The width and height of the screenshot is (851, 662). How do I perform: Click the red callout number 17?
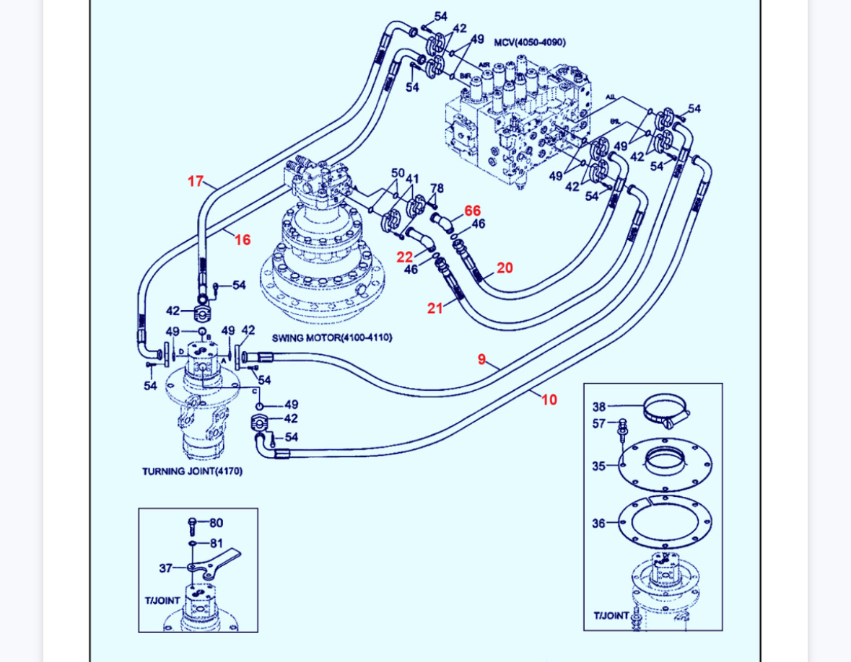tap(196, 181)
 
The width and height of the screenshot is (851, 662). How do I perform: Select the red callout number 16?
tap(243, 239)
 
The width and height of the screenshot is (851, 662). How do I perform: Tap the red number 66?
tap(472, 211)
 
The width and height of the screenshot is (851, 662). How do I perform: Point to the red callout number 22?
tap(405, 257)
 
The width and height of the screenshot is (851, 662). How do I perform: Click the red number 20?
tap(505, 268)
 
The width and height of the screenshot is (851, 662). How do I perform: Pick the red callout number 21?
tap(435, 308)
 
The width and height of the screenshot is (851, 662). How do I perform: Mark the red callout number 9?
tap(481, 358)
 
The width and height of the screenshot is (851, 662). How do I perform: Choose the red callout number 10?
tap(549, 400)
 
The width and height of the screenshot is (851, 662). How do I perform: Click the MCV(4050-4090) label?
tap(530, 43)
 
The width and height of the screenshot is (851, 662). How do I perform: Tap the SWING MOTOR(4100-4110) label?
tap(332, 337)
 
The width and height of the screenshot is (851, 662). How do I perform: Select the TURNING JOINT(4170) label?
tap(192, 472)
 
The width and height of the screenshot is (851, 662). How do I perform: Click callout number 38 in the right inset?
tap(599, 407)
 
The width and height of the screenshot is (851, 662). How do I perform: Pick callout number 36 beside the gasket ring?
tap(599, 524)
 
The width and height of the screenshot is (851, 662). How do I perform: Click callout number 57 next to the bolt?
tap(599, 423)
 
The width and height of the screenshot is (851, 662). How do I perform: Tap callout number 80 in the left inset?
tap(216, 523)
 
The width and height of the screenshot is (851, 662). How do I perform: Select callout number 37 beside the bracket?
tap(166, 568)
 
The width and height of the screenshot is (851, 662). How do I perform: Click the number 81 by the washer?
tap(216, 543)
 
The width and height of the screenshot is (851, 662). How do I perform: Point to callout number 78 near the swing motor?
tap(437, 188)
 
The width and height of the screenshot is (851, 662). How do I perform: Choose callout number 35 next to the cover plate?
tap(599, 466)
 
